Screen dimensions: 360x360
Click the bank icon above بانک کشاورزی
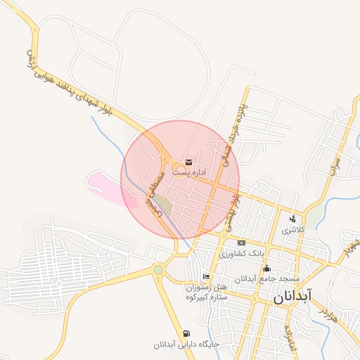(x=241, y=243)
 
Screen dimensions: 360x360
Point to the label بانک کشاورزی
(x=243, y=252)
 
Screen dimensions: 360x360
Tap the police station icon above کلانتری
(x=292, y=219)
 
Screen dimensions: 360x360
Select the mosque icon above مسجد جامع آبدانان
(x=266, y=268)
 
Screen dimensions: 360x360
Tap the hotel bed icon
(x=205, y=276)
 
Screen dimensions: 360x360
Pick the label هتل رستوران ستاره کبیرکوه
(x=207, y=292)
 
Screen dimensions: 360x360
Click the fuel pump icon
(x=186, y=333)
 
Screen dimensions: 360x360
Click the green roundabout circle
(x=158, y=269)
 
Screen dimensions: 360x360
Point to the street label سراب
(x=333, y=160)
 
